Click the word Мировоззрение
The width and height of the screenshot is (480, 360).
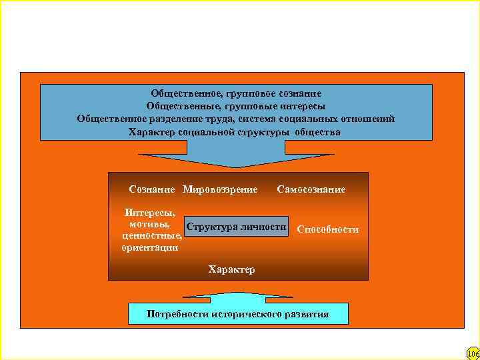tap(220, 190)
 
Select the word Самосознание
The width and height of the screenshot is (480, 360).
tap(311, 190)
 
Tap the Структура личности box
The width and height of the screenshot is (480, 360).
tap(237, 227)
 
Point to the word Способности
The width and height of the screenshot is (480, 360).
tap(328, 229)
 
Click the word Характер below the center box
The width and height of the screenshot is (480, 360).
tap(231, 269)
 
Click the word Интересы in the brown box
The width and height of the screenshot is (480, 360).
tap(150, 213)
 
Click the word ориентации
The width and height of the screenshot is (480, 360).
tap(150, 247)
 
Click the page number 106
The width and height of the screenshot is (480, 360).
tap(473, 353)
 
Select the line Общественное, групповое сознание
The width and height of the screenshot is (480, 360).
tap(236, 94)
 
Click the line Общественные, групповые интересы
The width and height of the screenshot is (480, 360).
tap(236, 106)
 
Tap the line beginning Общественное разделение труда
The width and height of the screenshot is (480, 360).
tap(236, 119)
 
